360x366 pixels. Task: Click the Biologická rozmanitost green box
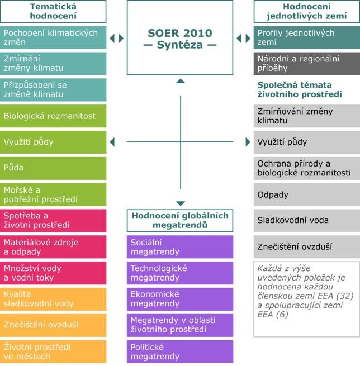[53, 116]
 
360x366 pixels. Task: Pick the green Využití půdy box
[53, 142]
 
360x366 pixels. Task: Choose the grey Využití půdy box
[306, 142]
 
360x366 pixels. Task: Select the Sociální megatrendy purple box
[179, 246]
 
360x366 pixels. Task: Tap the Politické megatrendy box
[179, 351]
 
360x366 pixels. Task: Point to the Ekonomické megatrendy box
[179, 299]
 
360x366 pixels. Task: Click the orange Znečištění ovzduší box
[53, 325]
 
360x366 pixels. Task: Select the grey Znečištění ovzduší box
[306, 246]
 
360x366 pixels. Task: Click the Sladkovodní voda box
[306, 220]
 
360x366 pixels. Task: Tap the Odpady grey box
[306, 194]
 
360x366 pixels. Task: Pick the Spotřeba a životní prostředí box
[53, 220]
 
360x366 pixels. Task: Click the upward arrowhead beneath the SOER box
[180, 82]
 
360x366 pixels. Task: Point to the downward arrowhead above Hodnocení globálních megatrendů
[180, 203]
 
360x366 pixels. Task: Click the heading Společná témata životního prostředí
[302, 89]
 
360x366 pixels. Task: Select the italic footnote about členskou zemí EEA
[306, 298]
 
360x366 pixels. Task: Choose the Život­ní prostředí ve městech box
[53, 351]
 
